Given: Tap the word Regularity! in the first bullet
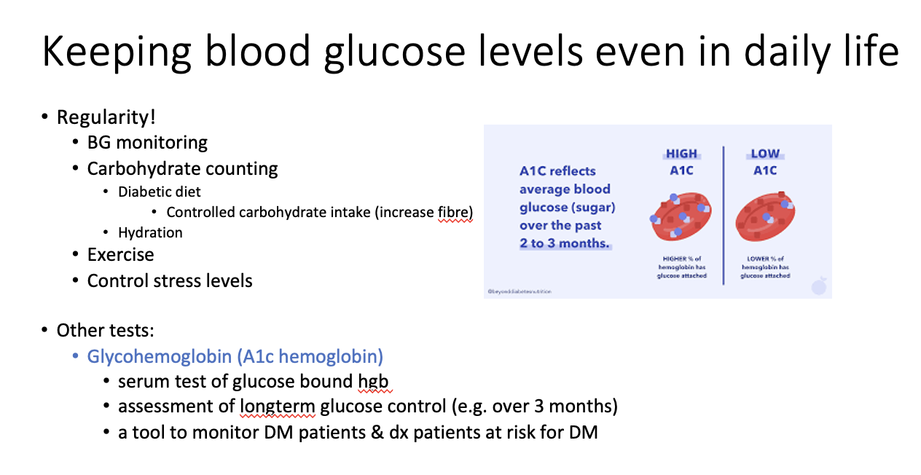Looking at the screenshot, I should tap(106, 117).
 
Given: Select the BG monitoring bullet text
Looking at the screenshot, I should tap(147, 142).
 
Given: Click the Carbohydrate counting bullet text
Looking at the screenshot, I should tap(182, 168).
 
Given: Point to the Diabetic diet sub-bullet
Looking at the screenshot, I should tap(160, 192).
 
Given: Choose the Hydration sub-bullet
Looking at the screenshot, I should tap(150, 232).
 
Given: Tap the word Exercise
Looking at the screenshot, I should tap(120, 254).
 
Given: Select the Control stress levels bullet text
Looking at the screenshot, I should tap(170, 280).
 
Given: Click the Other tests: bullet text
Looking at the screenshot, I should tap(106, 330).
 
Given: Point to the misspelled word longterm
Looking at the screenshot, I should tap(277, 406).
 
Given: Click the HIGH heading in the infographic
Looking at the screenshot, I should tap(681, 154).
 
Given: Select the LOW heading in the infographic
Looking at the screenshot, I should tap(765, 154).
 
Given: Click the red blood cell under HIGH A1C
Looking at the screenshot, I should tap(681, 214).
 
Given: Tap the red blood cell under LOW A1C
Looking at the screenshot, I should tap(765, 216).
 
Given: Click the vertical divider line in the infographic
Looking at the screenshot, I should tap(724, 215).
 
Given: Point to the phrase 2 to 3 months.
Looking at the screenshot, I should tap(564, 243).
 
